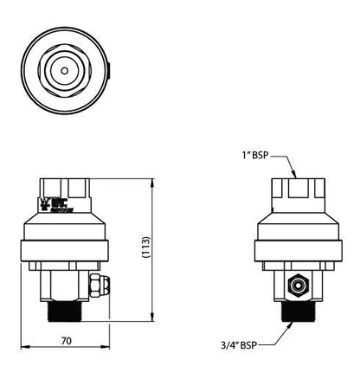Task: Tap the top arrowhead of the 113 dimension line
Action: (x=154, y=181)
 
